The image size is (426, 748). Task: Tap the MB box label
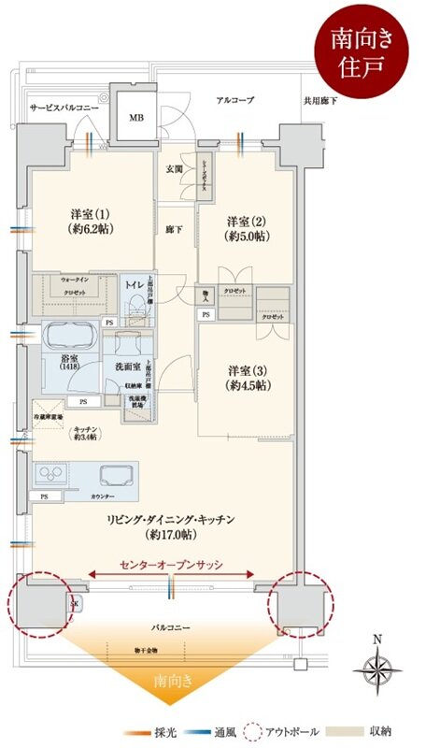point(136,119)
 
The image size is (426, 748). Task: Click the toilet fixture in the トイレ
point(139,305)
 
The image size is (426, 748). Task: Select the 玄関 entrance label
point(175,169)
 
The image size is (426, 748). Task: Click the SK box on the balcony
point(75,605)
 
